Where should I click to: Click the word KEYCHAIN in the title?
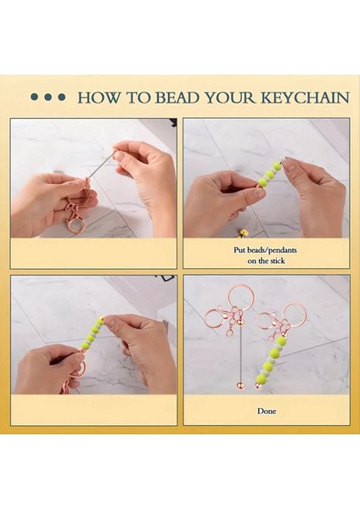pyautogui.click(x=306, y=98)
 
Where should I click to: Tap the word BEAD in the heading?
pyautogui.click(x=177, y=98)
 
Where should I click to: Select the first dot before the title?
pyautogui.click(x=35, y=97)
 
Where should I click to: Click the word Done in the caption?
pyautogui.click(x=267, y=411)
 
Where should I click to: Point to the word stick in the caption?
pyautogui.click(x=277, y=260)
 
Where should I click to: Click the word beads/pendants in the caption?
pyautogui.click(x=272, y=250)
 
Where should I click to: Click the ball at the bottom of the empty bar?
pyautogui.click(x=240, y=386)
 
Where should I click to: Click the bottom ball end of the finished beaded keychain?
pyautogui.click(x=258, y=386)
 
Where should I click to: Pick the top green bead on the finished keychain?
pyautogui.click(x=280, y=341)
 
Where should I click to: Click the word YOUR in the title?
pyautogui.click(x=230, y=98)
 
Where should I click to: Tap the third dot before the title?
pyautogui.click(x=61, y=97)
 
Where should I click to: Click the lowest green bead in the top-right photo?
pyautogui.click(x=262, y=182)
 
